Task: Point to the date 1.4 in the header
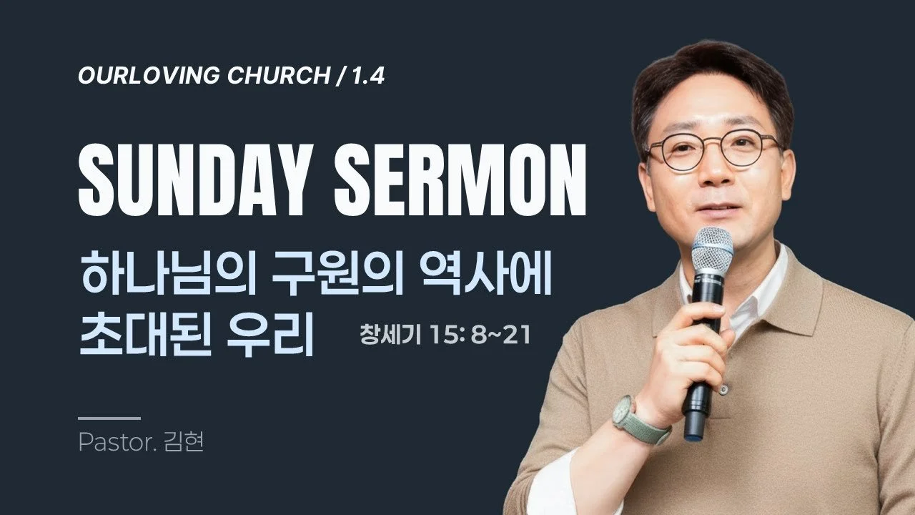(369, 77)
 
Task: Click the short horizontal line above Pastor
(109, 418)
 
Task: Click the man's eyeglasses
(712, 149)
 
